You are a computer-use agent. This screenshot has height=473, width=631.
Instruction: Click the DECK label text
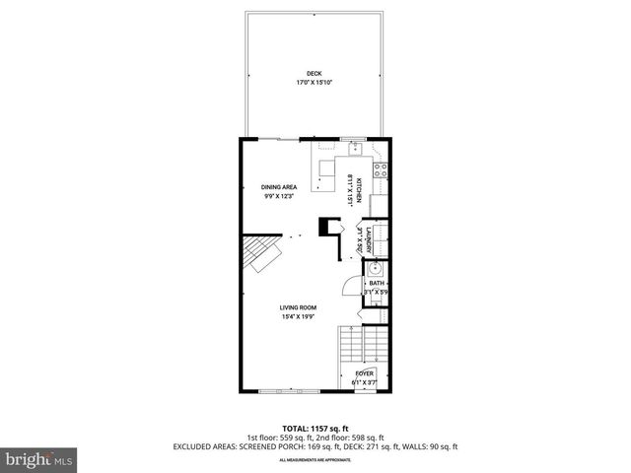coord(314,74)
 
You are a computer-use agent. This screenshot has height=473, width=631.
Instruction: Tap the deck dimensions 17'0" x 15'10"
coord(314,83)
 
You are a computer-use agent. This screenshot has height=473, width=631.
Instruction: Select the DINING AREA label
coord(280,186)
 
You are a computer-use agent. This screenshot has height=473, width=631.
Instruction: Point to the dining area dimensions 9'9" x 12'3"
coord(280,195)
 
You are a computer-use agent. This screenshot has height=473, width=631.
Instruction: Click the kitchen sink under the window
coord(354,150)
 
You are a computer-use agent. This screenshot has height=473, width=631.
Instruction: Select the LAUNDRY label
coord(368,240)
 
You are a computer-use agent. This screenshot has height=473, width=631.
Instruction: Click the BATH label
coord(377,284)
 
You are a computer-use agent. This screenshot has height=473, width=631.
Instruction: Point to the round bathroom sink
coord(376,268)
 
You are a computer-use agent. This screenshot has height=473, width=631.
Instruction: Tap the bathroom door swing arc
coord(349,286)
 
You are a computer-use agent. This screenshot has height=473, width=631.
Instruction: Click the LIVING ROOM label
coord(297,307)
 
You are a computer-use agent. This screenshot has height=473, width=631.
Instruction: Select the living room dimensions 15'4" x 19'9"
coord(297,316)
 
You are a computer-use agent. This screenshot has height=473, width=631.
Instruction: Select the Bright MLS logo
coord(38,459)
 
